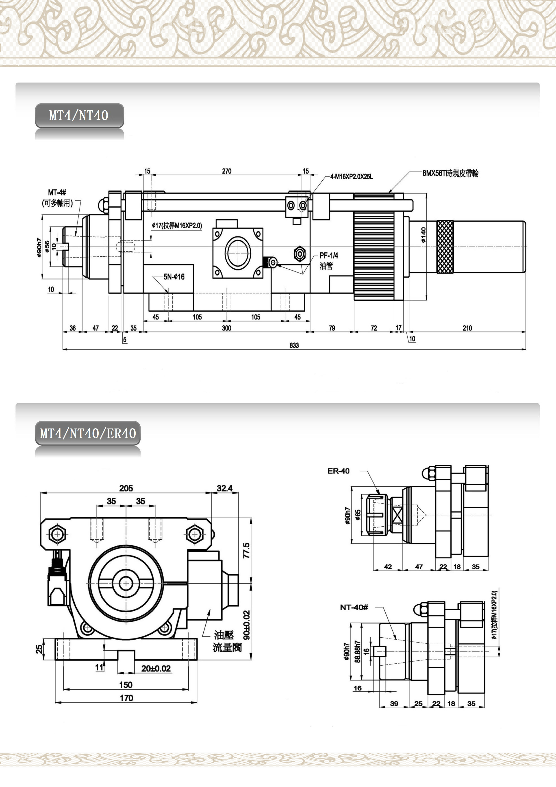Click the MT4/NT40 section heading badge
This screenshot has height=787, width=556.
79,116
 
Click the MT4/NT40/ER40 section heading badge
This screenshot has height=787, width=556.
88,433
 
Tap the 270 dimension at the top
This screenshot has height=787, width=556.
226,171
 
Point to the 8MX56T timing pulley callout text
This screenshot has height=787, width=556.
450,173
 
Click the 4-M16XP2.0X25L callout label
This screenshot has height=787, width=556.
351,177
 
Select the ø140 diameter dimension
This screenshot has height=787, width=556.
424,235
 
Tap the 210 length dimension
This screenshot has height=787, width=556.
467,328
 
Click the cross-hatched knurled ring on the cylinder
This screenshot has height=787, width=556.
445,247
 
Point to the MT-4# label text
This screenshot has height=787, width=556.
57,193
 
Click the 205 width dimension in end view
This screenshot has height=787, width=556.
126,488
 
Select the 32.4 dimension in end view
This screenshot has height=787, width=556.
224,488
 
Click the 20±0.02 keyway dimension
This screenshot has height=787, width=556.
156,668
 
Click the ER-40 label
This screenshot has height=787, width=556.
339,471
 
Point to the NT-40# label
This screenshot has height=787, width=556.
354,607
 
